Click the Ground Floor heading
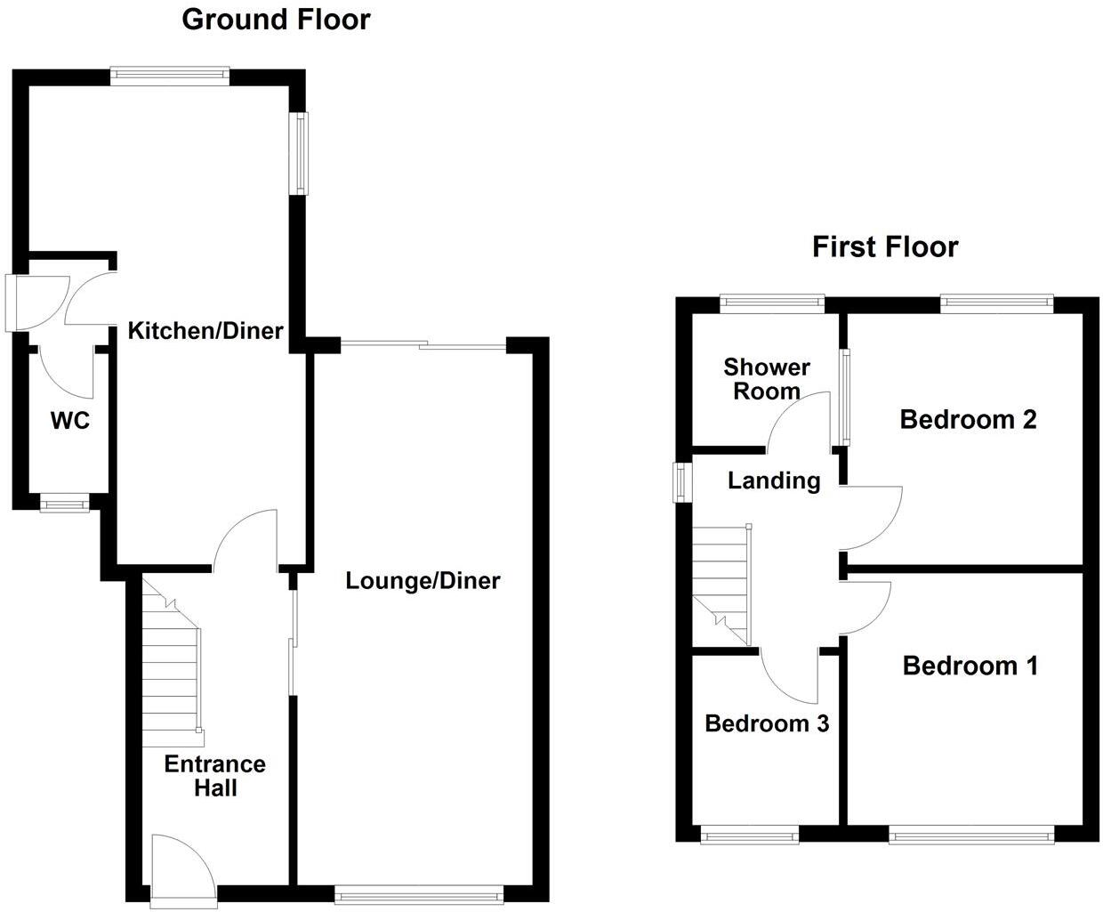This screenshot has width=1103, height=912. [276, 19]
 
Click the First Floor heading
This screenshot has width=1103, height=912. [884, 246]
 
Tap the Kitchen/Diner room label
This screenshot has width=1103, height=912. [205, 331]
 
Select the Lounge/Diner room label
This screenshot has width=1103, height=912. [423, 581]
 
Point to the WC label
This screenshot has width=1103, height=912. [69, 421]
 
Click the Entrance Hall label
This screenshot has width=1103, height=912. [214, 776]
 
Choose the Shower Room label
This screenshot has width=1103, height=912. [766, 379]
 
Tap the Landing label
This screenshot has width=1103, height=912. [773, 481]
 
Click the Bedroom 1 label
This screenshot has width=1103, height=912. [970, 666]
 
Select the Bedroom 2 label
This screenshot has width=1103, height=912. [968, 419]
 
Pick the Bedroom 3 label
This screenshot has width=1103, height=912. [766, 723]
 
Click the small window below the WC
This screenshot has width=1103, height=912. [65, 504]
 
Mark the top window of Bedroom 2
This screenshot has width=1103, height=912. [996, 303]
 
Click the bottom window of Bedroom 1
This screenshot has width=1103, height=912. [970, 835]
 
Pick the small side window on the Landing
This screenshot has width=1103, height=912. [681, 481]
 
